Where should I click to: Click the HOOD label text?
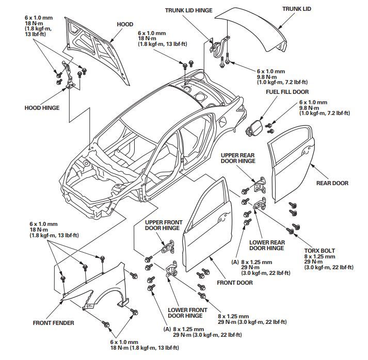click(x=125, y=24)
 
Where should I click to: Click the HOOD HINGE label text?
click(x=42, y=108)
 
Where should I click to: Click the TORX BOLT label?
click(x=319, y=250)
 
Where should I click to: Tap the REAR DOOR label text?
click(x=332, y=183)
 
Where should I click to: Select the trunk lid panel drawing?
click(x=253, y=28)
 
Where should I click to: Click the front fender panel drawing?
click(x=98, y=286)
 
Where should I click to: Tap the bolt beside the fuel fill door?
click(x=269, y=124)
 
